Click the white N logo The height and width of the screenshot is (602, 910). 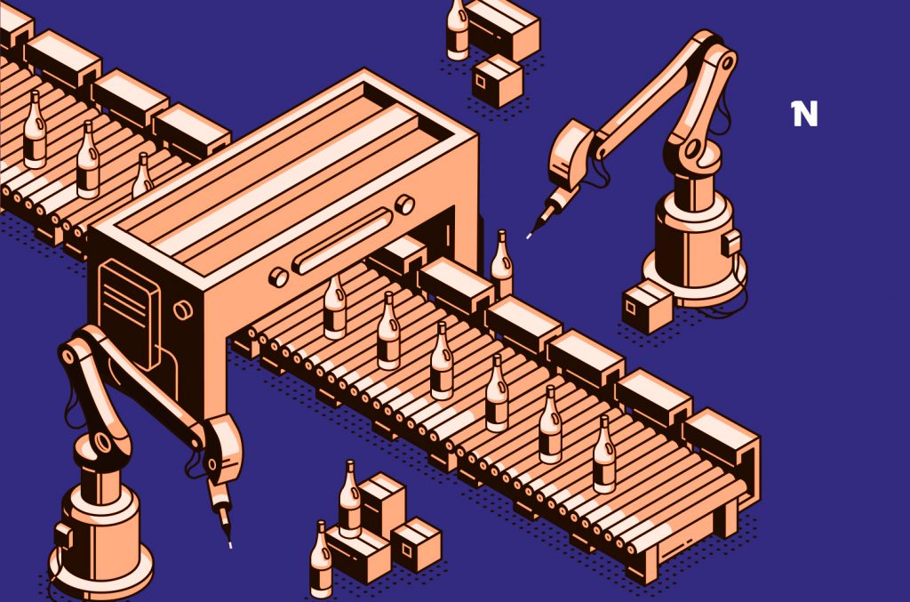804,114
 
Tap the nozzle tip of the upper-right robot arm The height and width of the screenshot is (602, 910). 530,236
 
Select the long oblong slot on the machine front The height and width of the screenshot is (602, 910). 342,239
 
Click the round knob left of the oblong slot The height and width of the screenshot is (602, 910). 278,277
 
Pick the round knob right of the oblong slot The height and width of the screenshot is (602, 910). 404,204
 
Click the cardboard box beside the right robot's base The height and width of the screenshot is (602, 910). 646,306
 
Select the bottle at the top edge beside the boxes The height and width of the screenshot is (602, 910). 457,28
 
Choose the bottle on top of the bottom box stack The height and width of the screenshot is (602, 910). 350,500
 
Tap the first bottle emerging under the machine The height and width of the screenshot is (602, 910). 335,307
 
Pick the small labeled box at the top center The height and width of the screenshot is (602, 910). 497,81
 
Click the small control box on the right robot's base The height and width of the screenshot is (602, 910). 731,242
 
